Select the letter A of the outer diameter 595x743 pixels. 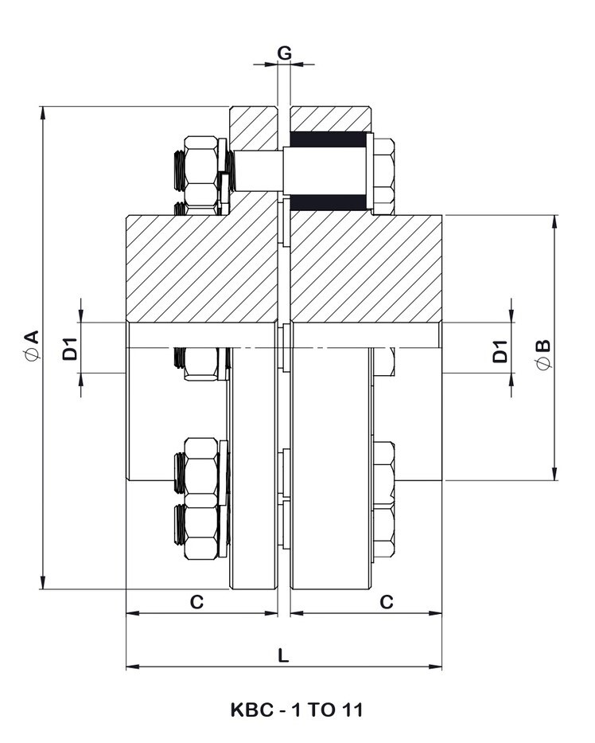pos(31,334)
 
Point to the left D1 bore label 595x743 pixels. pos(69,347)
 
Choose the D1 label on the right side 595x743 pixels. pos(500,350)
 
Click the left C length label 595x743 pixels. pos(196,602)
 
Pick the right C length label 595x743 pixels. pos(386,602)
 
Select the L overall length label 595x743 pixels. pos(283,655)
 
